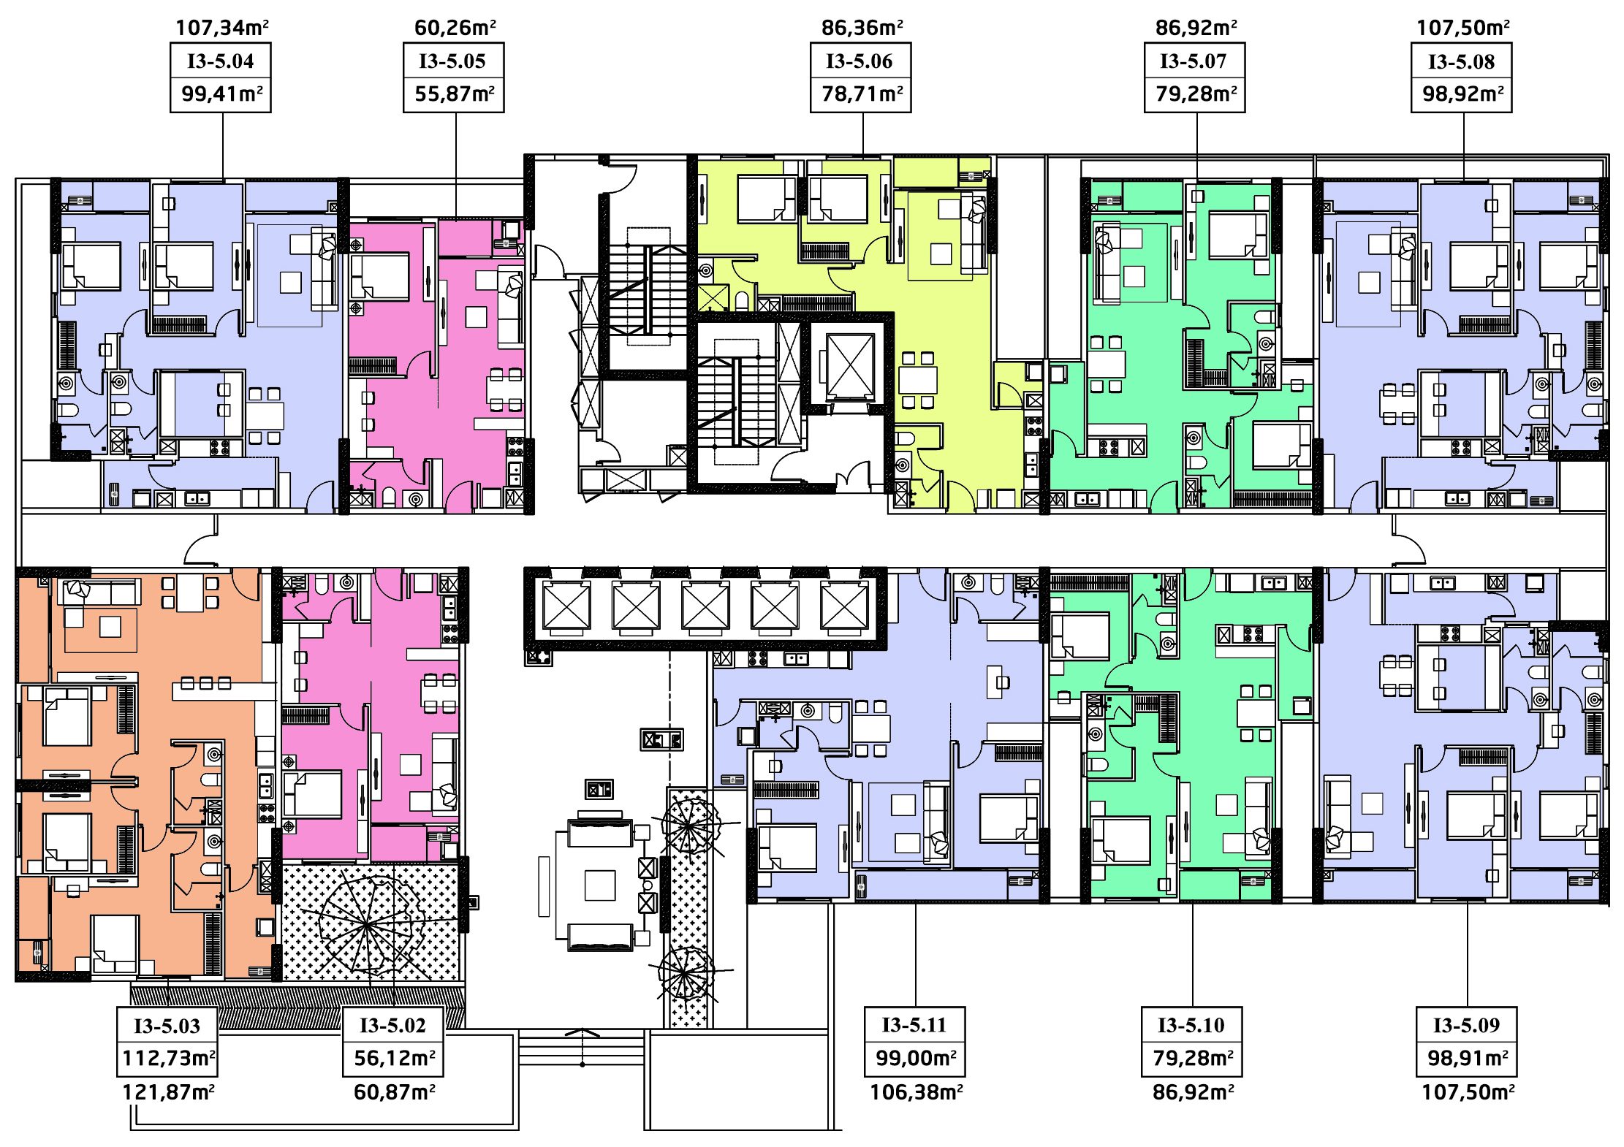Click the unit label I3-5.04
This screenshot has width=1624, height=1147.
tap(221, 61)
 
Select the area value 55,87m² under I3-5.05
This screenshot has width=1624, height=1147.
tap(455, 94)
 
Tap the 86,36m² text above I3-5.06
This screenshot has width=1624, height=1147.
tap(862, 28)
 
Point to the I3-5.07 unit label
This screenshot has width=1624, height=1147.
tap(1194, 61)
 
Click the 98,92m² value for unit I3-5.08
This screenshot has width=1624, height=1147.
tap(1462, 94)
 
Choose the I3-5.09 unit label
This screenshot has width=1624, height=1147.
tap(1466, 1025)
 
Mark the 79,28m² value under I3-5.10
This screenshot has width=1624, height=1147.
tap(1193, 1058)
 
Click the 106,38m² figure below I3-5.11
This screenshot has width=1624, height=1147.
tap(916, 1092)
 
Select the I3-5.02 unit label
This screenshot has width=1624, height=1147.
tap(392, 1025)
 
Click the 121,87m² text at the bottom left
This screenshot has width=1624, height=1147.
tap(168, 1092)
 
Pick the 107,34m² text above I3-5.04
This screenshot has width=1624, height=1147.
tap(221, 28)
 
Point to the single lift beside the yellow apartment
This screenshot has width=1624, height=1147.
tap(850, 365)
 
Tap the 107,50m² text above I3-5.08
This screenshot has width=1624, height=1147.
tap(1463, 28)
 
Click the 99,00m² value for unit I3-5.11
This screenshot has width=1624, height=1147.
tap(916, 1058)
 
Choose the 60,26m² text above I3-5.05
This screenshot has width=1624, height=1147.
tap(455, 28)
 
